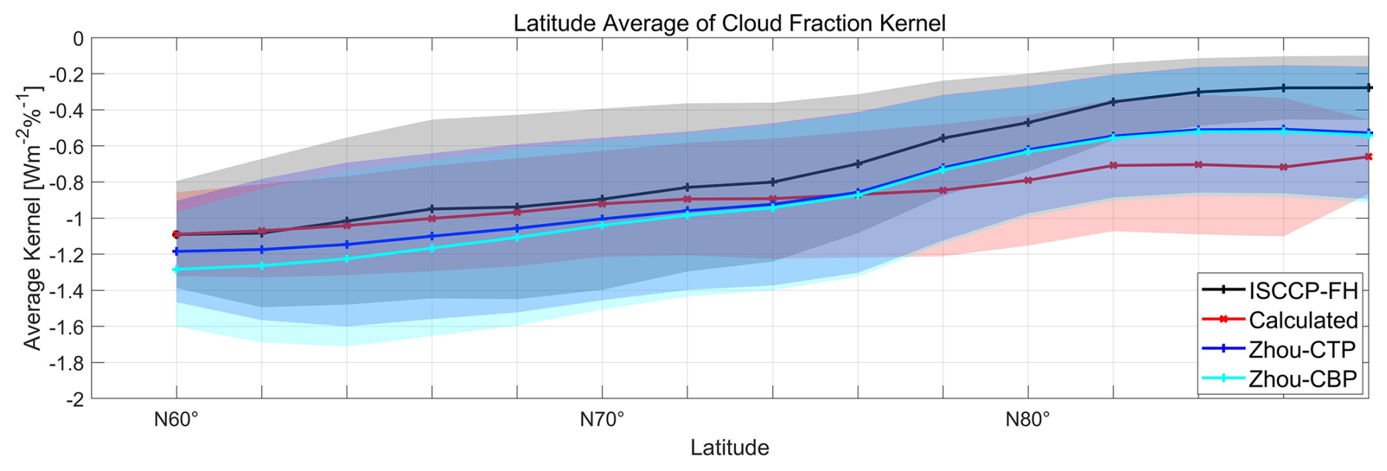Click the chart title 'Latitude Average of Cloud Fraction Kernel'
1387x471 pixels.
pos(729,23)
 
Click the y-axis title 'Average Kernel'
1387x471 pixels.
pos(33,218)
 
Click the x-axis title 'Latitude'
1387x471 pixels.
pos(729,447)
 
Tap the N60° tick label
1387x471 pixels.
pos(176,420)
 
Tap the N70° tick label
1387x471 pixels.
pos(602,420)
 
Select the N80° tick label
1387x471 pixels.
pos(1027,420)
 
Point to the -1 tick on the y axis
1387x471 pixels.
pos(76,218)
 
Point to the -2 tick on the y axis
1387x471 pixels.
pos(76,398)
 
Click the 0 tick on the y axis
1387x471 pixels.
pos(78,38)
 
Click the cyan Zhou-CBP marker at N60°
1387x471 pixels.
pos(176,270)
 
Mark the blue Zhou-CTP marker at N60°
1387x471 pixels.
pos(176,251)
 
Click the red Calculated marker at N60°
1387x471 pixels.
pos(176,234)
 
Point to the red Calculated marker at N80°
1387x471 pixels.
pos(1028,180)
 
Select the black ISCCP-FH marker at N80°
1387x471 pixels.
pos(1028,122)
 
